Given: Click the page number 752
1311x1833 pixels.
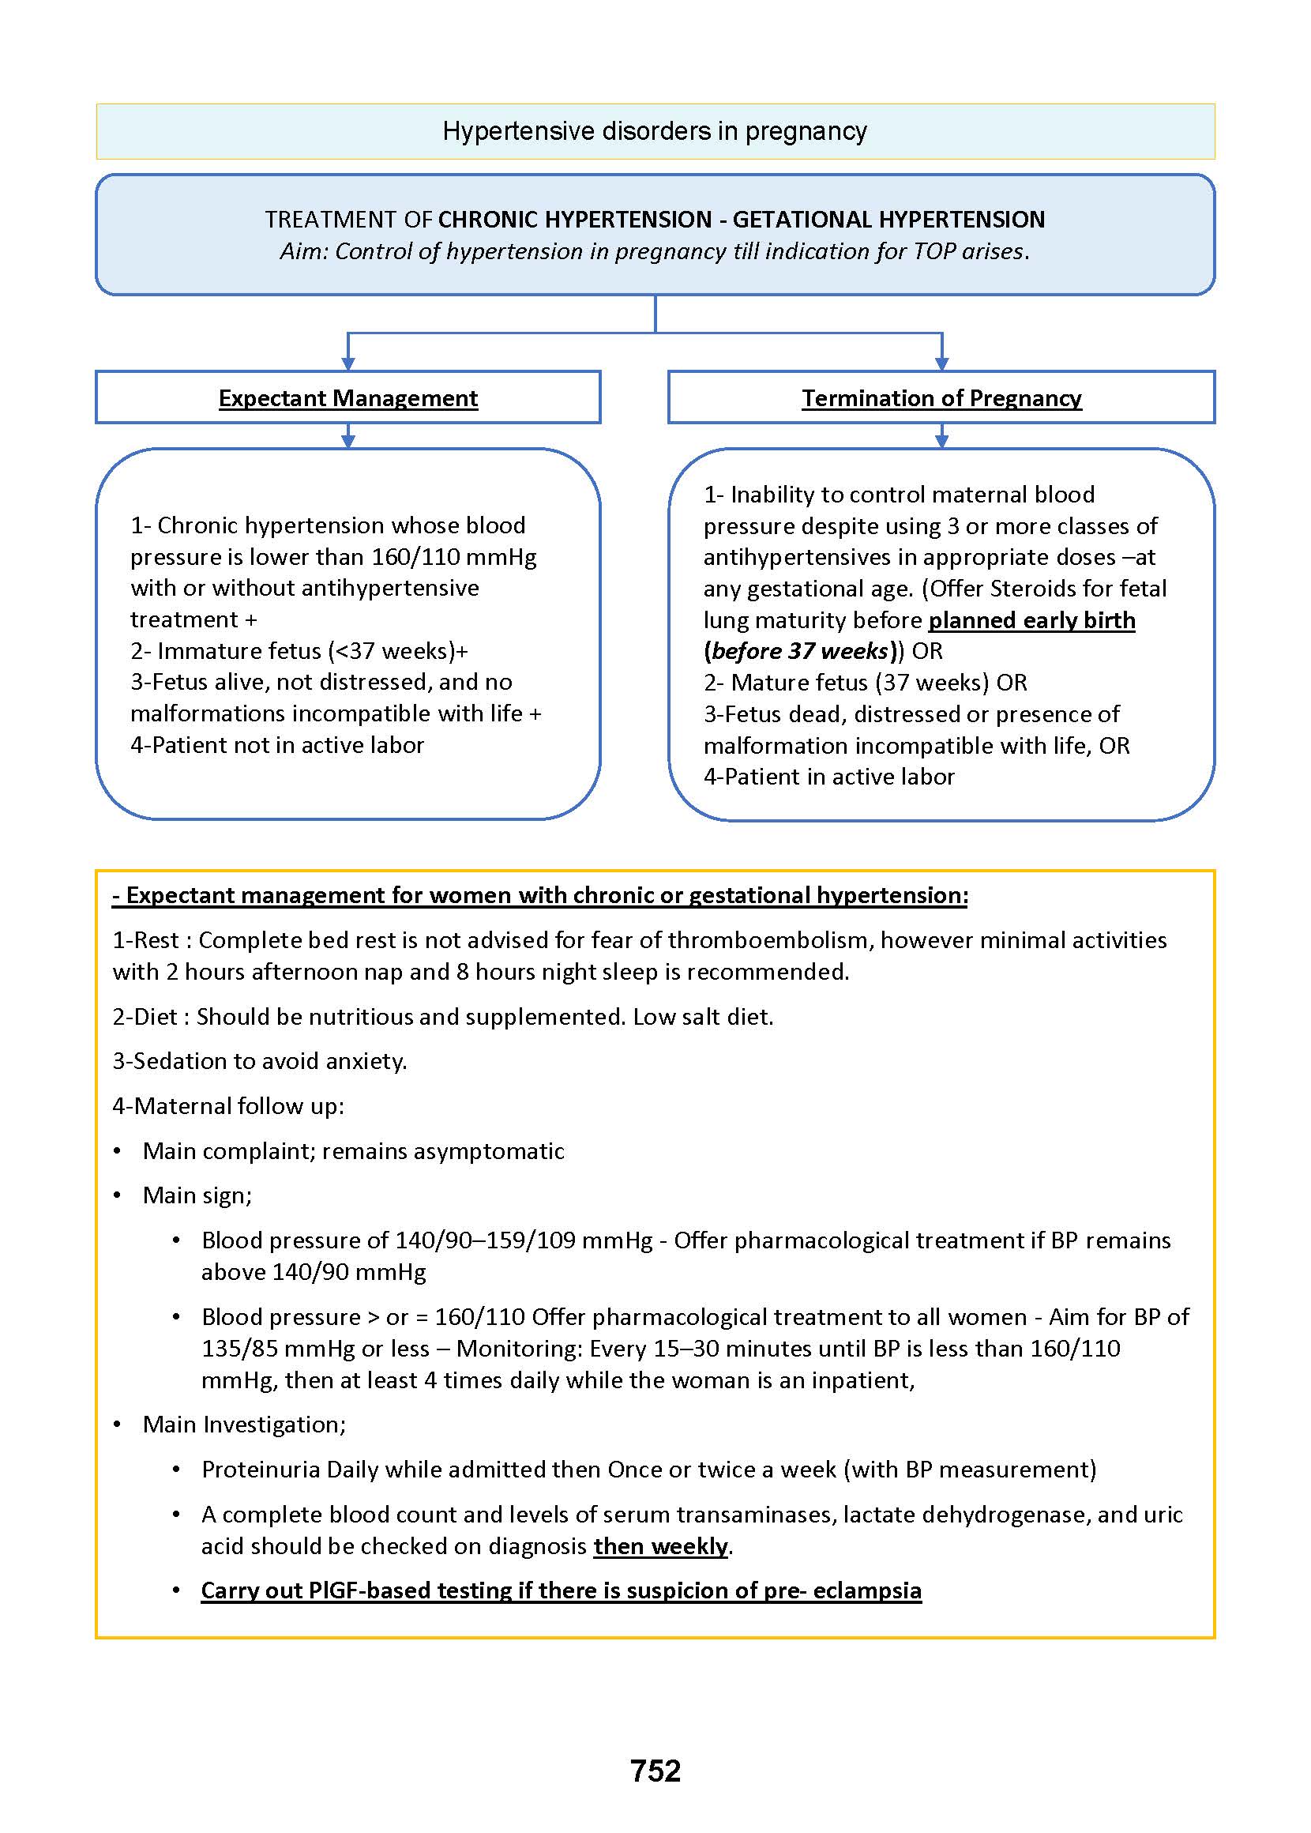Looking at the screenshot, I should pos(655,1771).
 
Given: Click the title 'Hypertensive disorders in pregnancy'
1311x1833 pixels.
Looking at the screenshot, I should pos(655,131).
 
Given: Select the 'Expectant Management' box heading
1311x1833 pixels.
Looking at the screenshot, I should pos(348,398).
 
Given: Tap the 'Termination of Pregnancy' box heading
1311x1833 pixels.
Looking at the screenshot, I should pos(941,398).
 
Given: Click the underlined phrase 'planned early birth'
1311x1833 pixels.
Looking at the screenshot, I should pos(1031,620).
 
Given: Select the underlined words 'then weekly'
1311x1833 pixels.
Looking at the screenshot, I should pos(661,1545).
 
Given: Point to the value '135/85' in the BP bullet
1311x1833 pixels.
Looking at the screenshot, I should pos(239,1348).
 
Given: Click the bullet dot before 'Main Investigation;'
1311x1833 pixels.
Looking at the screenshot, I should pos(118,1425).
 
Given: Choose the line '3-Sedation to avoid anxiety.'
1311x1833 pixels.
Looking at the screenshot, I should pos(260,1060).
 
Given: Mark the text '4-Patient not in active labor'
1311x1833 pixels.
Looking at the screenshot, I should pos(277,744).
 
